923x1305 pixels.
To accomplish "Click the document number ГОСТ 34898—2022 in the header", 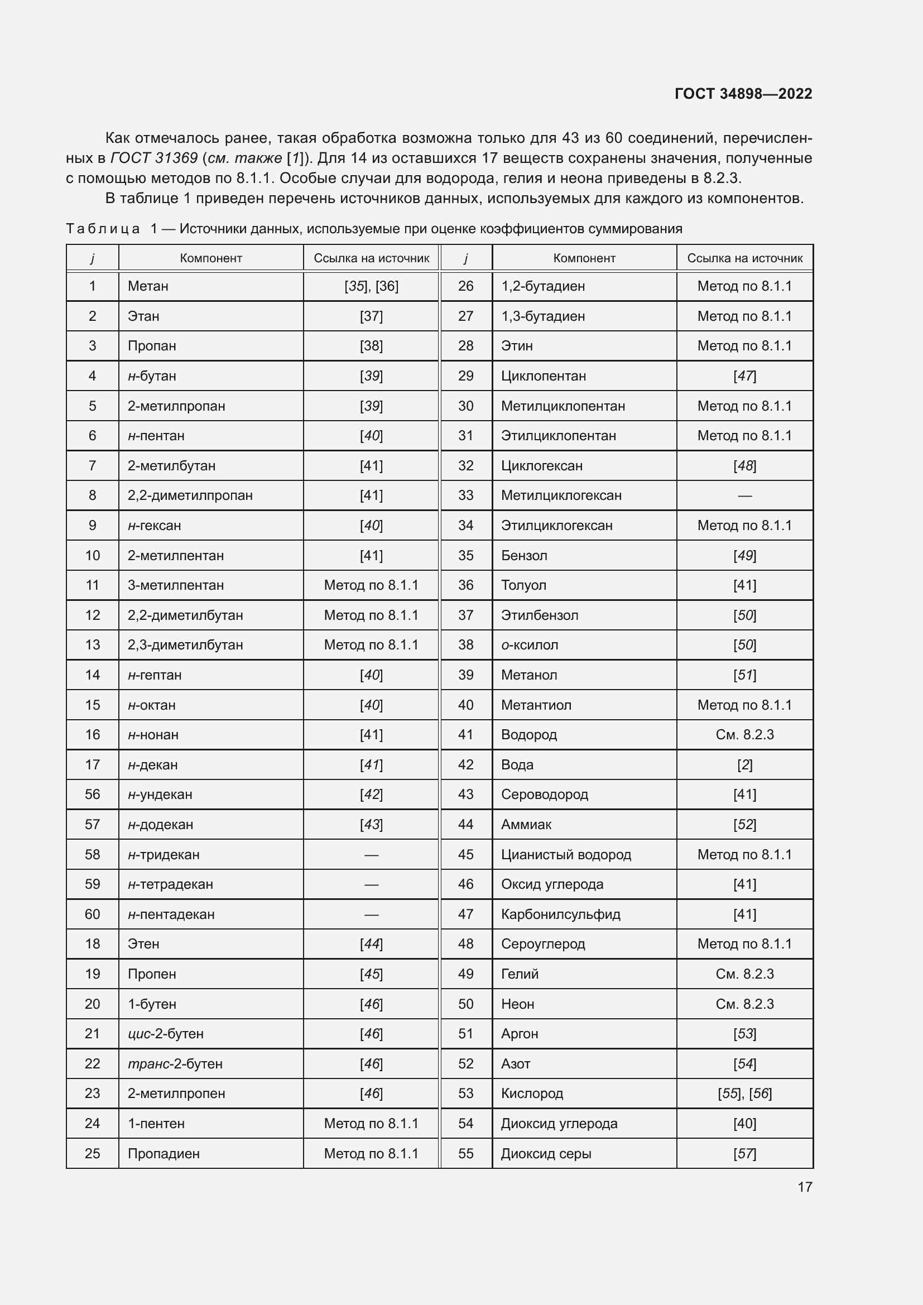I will point(743,94).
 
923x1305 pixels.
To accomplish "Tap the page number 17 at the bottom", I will point(804,1187).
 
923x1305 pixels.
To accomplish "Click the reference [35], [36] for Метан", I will point(371,286).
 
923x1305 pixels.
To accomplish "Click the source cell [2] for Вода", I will point(744,764).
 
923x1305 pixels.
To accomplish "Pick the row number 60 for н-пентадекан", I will point(92,914).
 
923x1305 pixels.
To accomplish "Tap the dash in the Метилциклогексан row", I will point(744,495).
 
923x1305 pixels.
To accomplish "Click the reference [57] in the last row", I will point(744,1153).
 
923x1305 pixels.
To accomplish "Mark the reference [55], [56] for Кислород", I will point(744,1093).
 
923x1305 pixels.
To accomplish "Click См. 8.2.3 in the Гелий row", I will point(744,974).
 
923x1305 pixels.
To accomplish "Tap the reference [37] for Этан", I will point(371,316).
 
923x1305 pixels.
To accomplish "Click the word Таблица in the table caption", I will point(103,229).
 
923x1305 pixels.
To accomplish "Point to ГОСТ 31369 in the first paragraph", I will point(154,158).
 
